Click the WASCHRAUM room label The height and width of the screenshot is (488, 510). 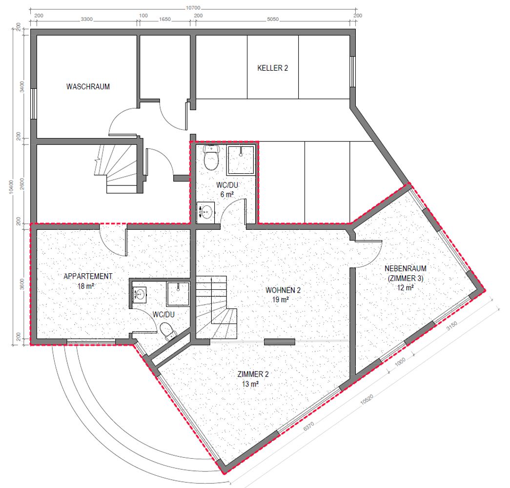tap(88, 86)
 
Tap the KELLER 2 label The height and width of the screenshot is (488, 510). tap(272, 68)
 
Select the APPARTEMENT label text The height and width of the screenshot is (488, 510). tap(88, 276)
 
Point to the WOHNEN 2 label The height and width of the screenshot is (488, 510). tap(283, 290)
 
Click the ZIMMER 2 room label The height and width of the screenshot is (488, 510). tap(253, 374)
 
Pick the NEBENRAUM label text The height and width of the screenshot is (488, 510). tap(405, 268)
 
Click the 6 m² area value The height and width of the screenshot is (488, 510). tap(227, 195)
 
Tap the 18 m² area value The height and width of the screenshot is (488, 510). tap(86, 286)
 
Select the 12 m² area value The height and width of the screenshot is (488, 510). tap(405, 288)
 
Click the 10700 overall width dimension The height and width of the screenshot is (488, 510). tap(193, 8)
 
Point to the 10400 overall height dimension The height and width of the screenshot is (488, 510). tap(12, 187)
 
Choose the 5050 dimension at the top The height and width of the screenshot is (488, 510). tap(272, 19)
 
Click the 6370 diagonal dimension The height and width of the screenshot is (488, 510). tap(308, 426)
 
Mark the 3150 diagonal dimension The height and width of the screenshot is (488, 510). tap(452, 325)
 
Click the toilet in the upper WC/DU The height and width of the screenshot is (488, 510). tap(211, 158)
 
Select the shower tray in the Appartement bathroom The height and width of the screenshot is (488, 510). tap(178, 294)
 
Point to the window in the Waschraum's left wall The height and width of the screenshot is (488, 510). tap(33, 103)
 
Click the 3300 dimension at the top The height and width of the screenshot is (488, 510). tap(87, 19)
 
